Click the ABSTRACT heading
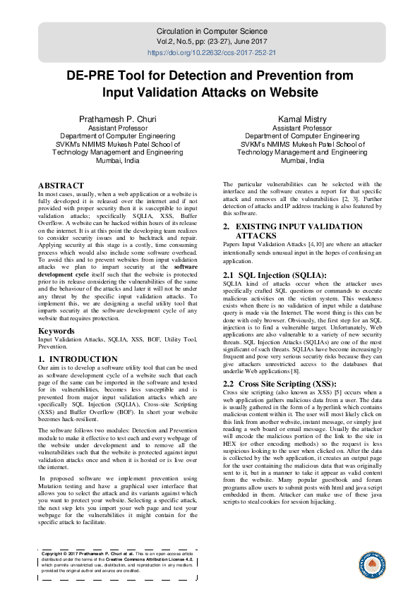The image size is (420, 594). click(x=61, y=186)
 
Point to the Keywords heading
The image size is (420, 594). click(x=57, y=330)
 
